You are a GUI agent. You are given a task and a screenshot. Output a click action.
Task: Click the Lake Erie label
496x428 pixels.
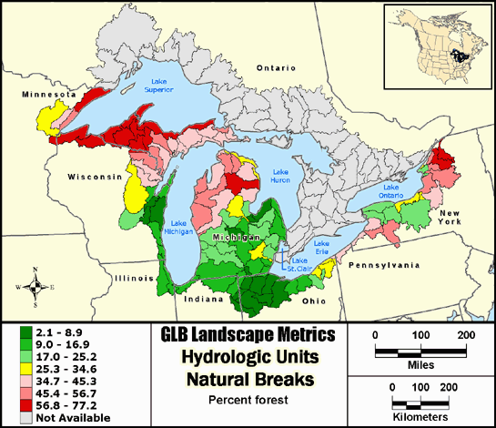(321, 247)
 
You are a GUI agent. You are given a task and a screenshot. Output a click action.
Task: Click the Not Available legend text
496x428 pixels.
(72, 418)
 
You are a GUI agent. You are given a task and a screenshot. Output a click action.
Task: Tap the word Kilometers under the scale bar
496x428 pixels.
(420, 415)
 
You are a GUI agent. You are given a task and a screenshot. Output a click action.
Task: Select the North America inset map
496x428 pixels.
(437, 43)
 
